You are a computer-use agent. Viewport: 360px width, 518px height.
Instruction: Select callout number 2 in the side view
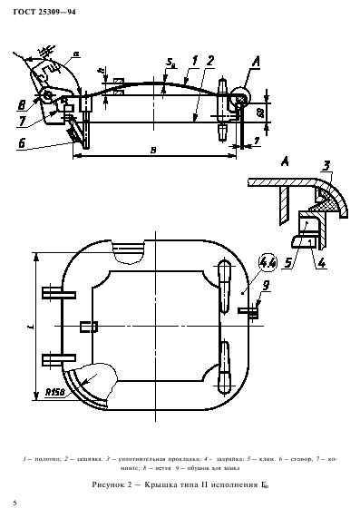point(209,62)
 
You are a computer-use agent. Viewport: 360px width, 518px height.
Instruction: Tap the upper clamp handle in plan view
point(224,299)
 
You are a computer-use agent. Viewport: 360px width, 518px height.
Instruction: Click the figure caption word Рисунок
point(115,486)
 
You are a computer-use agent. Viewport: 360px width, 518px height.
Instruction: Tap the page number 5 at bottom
point(15,503)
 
